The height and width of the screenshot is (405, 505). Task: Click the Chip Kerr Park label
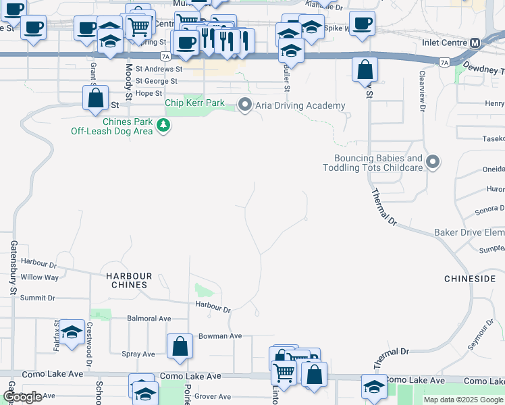[194, 103]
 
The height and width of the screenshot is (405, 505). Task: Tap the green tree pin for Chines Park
[163, 125]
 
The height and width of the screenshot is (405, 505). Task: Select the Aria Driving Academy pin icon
[245, 105]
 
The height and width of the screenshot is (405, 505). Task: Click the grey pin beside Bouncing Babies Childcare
[433, 162]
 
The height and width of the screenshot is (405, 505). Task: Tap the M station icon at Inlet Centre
[475, 43]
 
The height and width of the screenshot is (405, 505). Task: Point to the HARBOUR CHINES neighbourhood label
[129, 280]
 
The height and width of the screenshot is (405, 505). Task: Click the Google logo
[22, 397]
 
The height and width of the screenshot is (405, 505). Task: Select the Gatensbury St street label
[14, 268]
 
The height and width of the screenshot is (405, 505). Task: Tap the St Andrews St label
[159, 69]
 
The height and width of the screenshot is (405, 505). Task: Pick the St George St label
[156, 81]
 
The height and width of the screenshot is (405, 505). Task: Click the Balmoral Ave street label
[149, 318]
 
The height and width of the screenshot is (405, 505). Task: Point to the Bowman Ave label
[219, 336]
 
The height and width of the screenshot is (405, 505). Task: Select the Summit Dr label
[37, 298]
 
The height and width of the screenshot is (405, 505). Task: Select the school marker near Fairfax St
[72, 331]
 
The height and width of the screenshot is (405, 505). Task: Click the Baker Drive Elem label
[469, 232]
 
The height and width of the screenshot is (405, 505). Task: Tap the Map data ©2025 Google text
[463, 400]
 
